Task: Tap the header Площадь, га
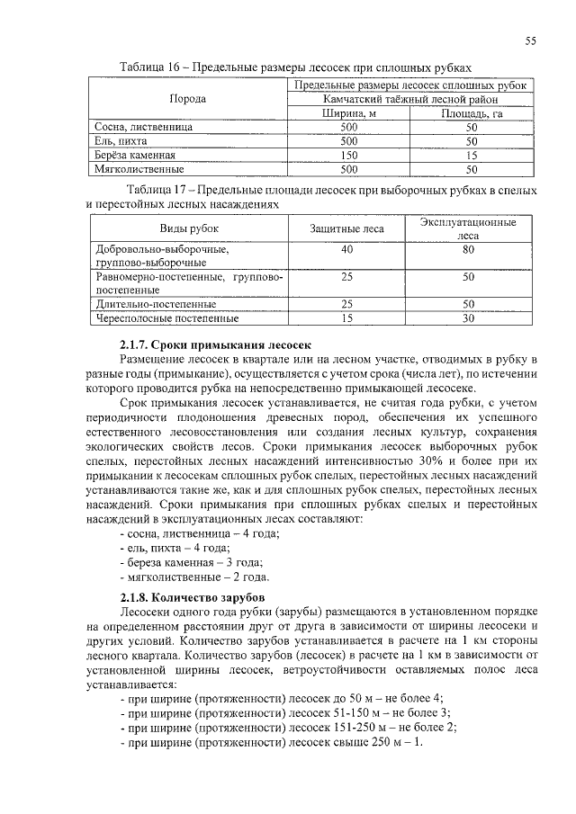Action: (x=471, y=113)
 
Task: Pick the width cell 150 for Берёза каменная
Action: (x=348, y=155)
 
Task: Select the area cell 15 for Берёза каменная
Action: (x=471, y=155)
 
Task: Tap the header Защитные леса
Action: (x=347, y=228)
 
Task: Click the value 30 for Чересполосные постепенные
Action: (x=468, y=318)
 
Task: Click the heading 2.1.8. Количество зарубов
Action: (x=192, y=597)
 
